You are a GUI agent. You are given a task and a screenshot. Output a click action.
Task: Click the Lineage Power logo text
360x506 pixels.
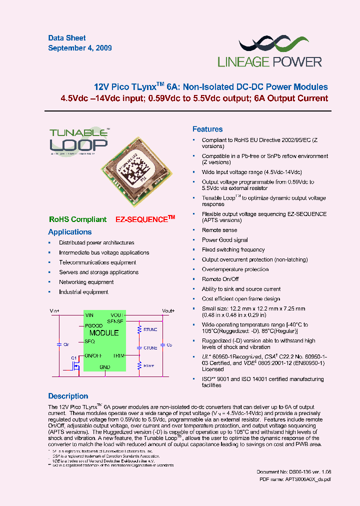pyautogui.click(x=269, y=61)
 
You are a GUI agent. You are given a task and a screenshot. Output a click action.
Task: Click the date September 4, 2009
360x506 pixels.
pyautogui.click(x=80, y=48)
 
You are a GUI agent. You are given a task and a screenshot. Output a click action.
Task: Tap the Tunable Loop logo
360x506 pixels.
pyautogui.click(x=78, y=141)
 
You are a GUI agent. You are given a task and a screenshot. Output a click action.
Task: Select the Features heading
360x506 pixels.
pyautogui.click(x=207, y=129)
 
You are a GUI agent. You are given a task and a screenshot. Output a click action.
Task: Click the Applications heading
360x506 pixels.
pyautogui.click(x=70, y=232)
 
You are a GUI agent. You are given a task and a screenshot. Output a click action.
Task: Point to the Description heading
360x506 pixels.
pyautogui.click(x=68, y=396)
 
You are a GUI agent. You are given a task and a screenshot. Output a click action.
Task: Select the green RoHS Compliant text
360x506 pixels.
pyautogui.click(x=77, y=219)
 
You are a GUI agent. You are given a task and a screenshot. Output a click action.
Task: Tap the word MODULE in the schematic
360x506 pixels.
pyautogui.click(x=104, y=333)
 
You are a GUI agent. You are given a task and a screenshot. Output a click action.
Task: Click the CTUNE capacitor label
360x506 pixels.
pyautogui.click(x=150, y=347)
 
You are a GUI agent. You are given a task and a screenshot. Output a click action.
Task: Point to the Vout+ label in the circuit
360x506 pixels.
pyautogui.click(x=168, y=310)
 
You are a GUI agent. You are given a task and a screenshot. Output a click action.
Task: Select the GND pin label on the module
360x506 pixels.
pyautogui.click(x=104, y=367)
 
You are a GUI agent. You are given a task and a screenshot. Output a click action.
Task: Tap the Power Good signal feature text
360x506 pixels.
pyautogui.click(x=224, y=240)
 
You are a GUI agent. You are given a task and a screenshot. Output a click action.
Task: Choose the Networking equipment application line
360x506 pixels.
pyautogui.click(x=86, y=282)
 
